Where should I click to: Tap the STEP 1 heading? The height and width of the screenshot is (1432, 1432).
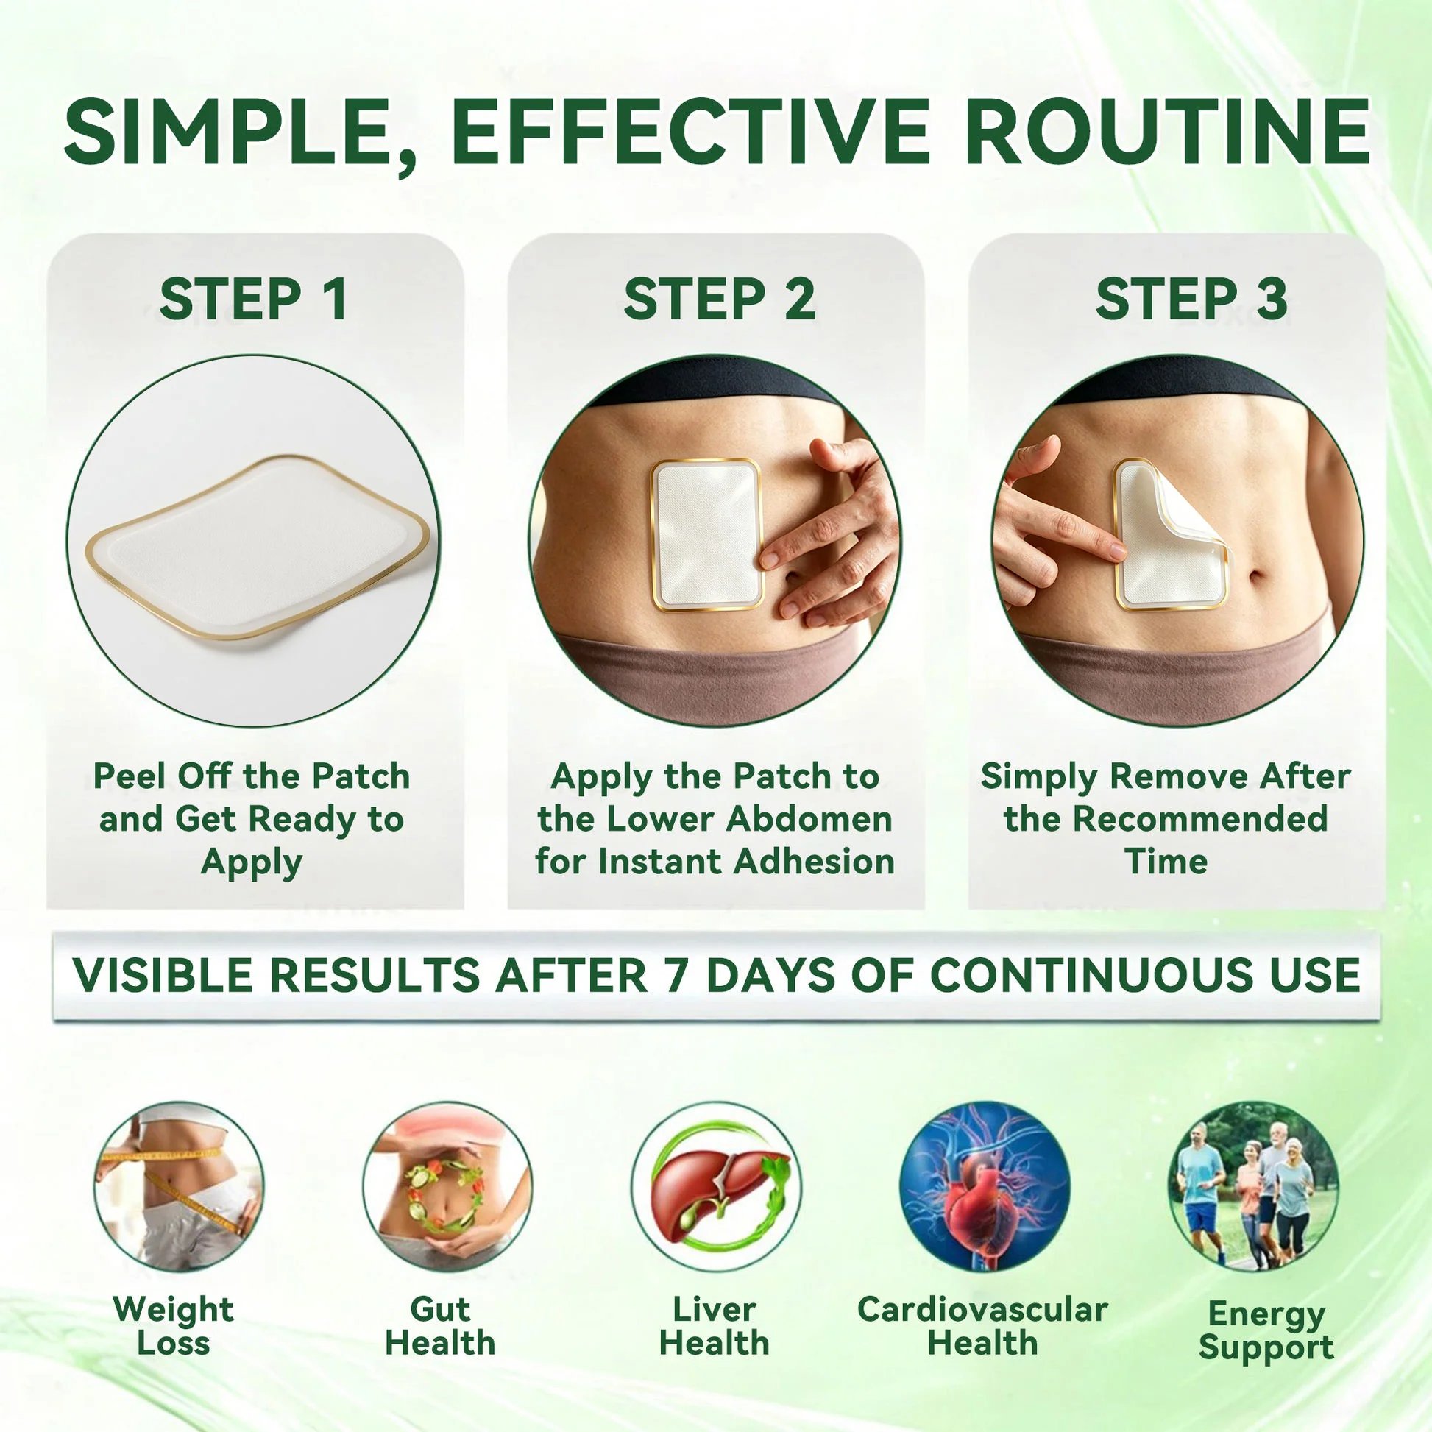[253, 299]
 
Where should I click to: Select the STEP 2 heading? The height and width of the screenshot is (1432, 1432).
[720, 299]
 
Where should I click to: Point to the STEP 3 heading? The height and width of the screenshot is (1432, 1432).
[1191, 299]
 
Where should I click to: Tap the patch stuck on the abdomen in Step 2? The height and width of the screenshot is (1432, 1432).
[706, 535]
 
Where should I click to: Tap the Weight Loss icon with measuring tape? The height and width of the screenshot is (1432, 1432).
[179, 1186]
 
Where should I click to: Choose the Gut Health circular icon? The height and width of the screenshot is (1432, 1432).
[447, 1186]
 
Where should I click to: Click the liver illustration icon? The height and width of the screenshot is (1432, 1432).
[715, 1186]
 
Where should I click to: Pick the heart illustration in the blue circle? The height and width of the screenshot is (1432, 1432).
[985, 1186]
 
